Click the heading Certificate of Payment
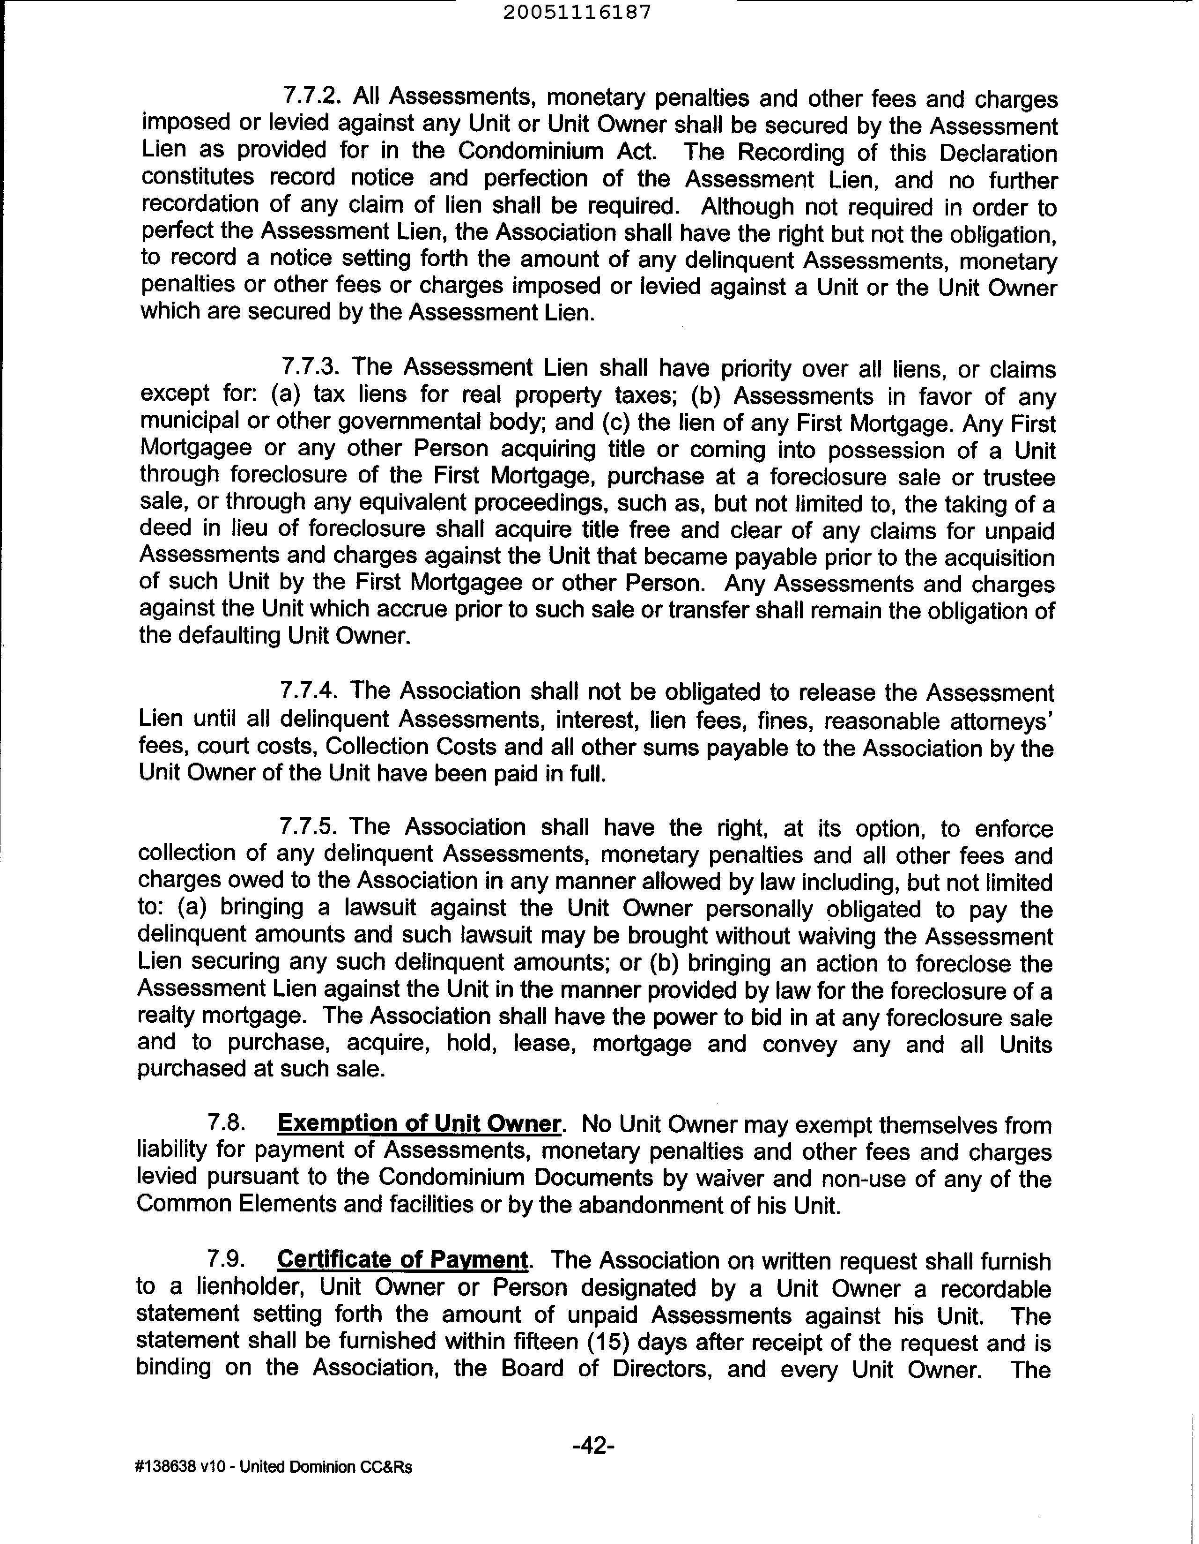click(x=402, y=1259)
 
